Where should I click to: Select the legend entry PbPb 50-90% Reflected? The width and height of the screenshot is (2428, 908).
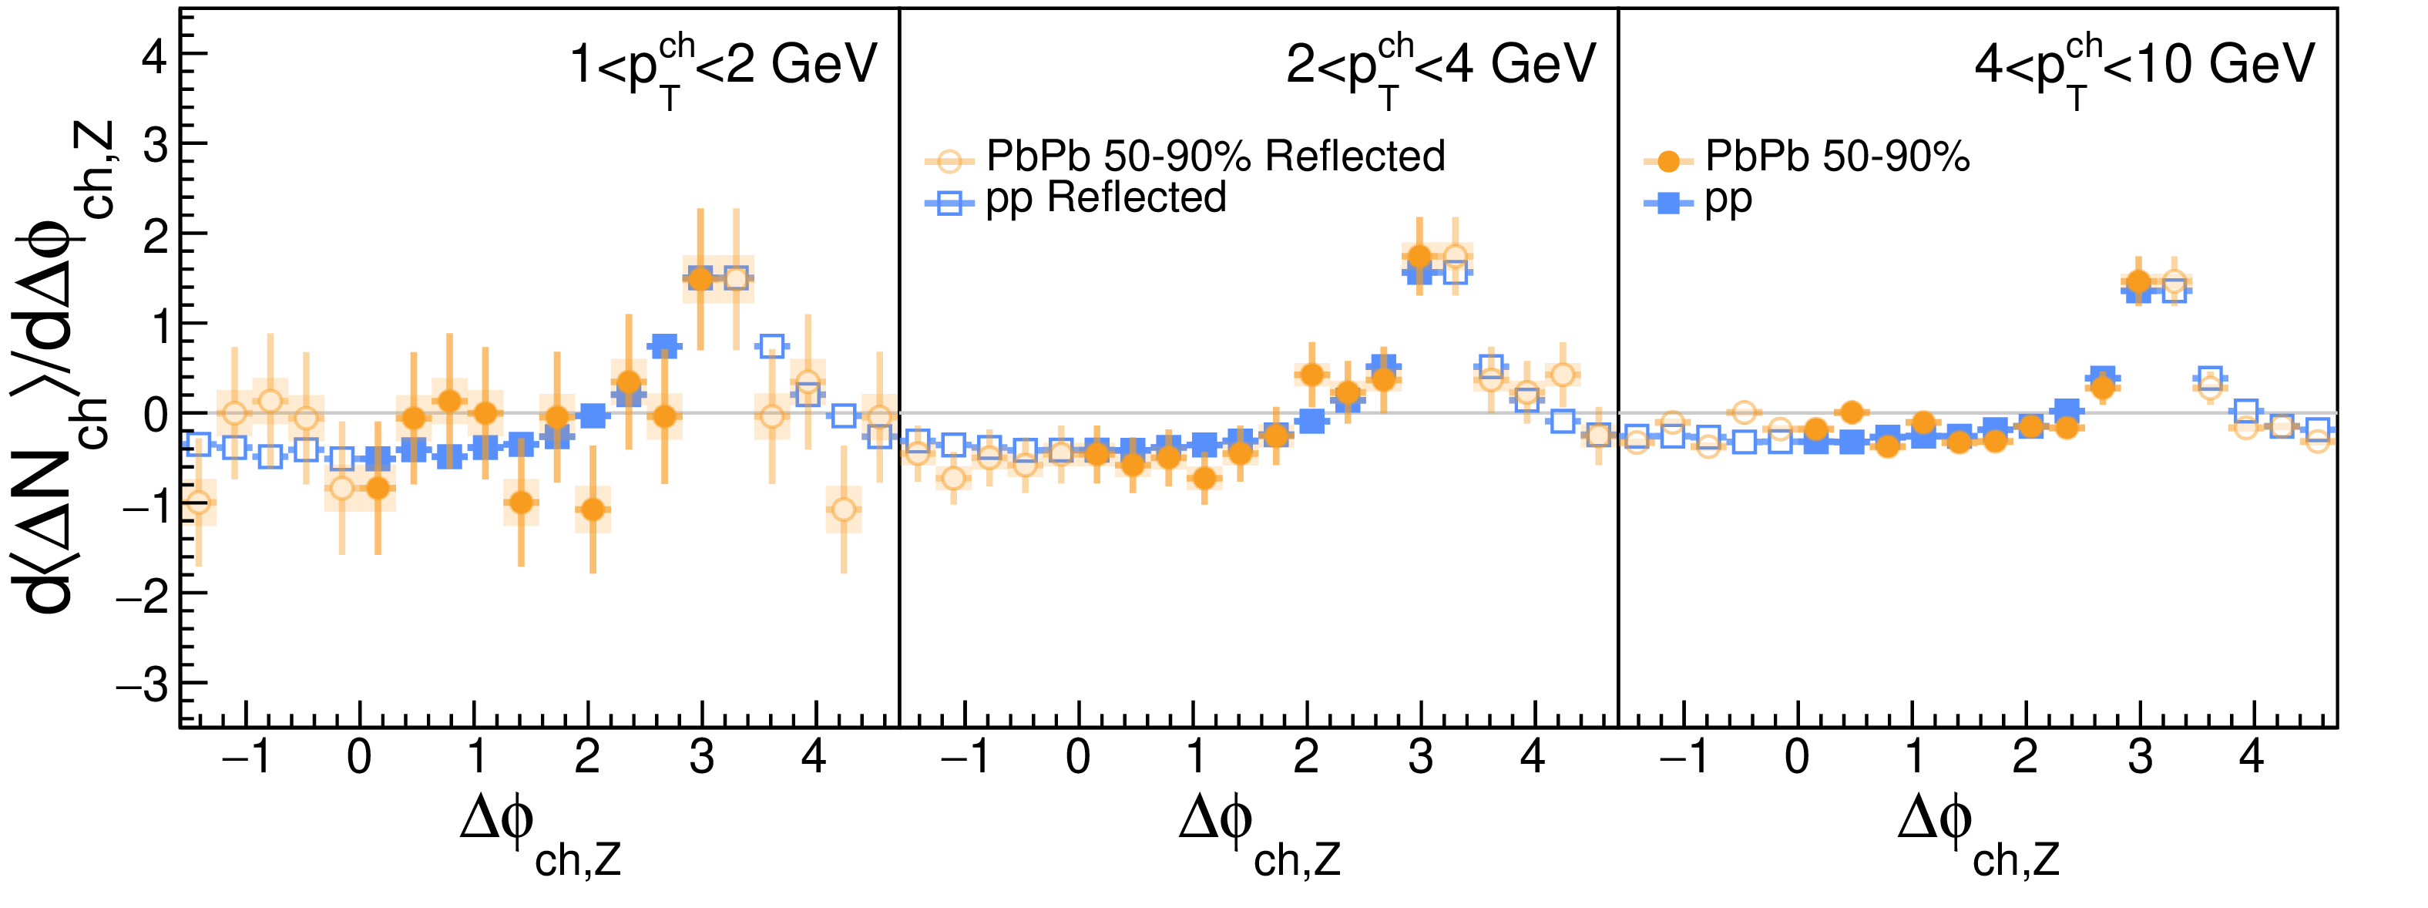point(1215,156)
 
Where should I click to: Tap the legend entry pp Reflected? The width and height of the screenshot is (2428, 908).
point(1106,199)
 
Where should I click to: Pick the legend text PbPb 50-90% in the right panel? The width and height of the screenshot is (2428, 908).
point(1837,156)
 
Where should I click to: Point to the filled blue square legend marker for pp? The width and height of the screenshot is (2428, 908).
point(1668,202)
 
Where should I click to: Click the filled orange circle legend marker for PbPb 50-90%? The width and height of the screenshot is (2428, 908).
point(1668,161)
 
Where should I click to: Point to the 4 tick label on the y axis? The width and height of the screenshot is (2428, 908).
point(153,56)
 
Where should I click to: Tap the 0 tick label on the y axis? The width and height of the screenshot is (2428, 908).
point(156,414)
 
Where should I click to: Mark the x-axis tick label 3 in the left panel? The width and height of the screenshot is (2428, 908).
point(701,757)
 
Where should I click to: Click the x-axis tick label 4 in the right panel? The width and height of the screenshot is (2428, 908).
point(2251,757)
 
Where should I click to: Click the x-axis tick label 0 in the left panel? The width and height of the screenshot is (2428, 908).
point(359,757)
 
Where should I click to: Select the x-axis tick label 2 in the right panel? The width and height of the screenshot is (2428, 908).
point(2024,757)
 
